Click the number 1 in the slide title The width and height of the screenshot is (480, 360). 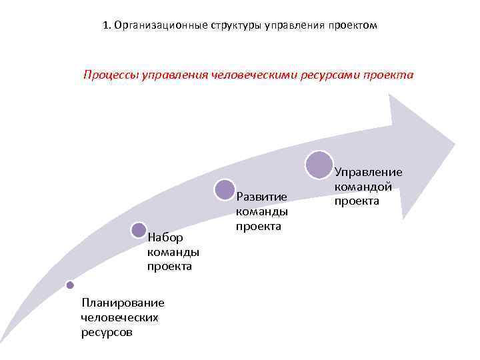pos(107,25)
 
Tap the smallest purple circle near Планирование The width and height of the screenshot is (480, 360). pos(69,285)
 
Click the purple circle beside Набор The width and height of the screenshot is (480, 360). pos(139,230)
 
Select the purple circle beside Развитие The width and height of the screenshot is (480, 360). pos(225,190)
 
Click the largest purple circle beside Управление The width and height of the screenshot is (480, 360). pos(320,165)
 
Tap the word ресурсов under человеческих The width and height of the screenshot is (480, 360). pos(105,331)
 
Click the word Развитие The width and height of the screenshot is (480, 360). pos(261,197)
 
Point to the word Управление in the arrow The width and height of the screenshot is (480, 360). pos(368,171)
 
